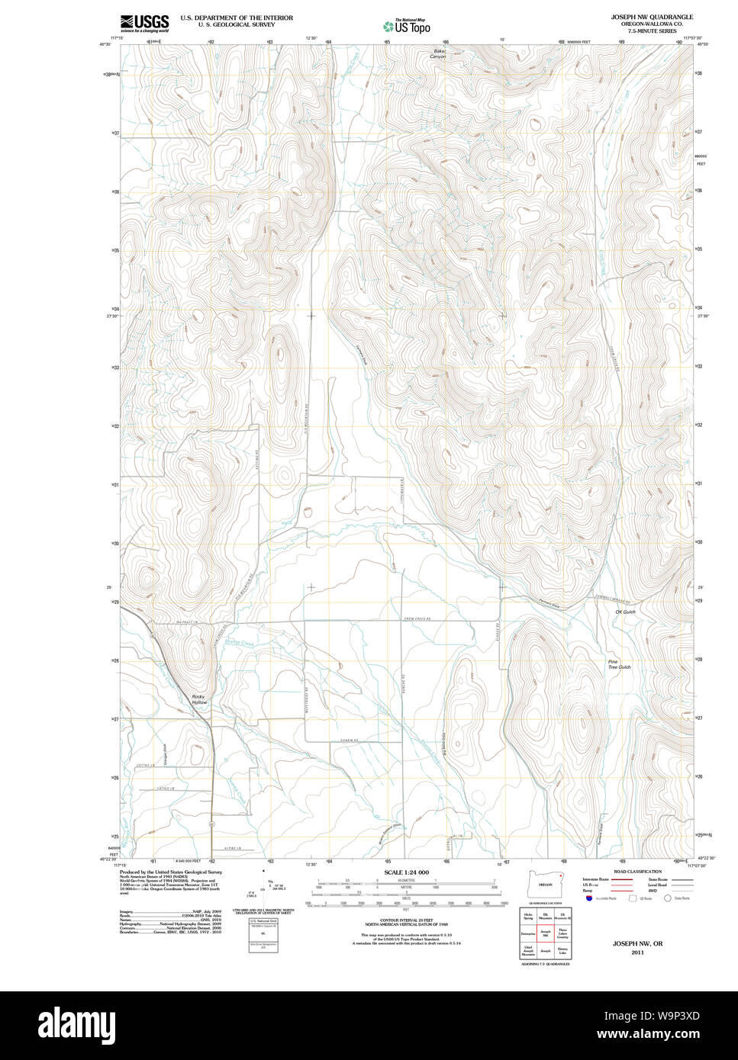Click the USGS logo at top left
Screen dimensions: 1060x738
(144, 23)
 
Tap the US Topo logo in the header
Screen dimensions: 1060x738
(407, 25)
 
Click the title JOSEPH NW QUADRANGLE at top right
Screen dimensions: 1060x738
(652, 16)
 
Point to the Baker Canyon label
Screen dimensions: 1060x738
(437, 54)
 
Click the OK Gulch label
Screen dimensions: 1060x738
(624, 612)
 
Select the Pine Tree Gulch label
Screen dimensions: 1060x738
(619, 664)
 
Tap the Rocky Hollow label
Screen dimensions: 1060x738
(199, 699)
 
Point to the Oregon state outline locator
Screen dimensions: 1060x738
(545, 883)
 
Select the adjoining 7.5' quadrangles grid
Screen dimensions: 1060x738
(545, 933)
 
